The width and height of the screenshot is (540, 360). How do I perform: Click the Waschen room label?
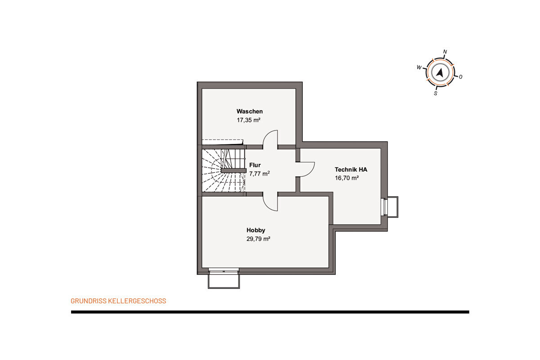click(249, 112)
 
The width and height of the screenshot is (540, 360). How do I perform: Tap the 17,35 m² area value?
click(248, 120)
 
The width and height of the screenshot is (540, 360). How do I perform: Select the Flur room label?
click(255, 165)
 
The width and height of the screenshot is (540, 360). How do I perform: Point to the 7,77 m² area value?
click(259, 174)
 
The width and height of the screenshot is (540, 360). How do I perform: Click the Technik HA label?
click(351, 170)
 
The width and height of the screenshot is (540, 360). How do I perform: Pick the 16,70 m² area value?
click(346, 178)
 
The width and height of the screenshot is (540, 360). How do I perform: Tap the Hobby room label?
click(256, 230)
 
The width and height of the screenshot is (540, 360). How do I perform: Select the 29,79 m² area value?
click(258, 239)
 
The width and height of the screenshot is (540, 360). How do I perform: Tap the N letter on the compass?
click(445, 52)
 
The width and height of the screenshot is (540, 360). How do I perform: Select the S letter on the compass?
click(436, 94)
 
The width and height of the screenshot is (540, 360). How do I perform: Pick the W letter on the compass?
click(419, 67)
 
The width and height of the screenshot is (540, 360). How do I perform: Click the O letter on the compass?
click(460, 77)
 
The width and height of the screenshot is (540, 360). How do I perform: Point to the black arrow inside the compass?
click(440, 72)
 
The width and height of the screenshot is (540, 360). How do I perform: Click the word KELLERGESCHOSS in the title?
click(137, 301)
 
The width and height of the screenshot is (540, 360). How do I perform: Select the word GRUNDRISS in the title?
click(89, 301)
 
